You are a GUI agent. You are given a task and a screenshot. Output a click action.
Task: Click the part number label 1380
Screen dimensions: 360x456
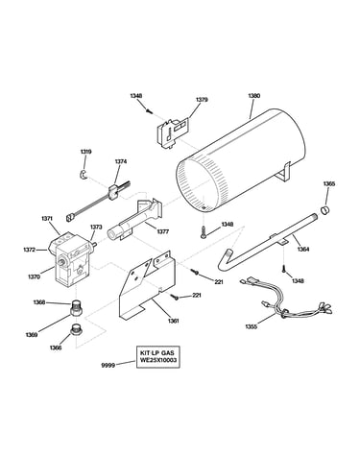pos(254,96)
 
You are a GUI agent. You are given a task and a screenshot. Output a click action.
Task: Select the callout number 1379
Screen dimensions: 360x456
pos(202,100)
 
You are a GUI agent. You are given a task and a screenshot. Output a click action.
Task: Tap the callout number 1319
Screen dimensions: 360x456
pos(85,152)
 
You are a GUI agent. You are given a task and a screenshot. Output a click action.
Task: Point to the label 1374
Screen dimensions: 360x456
pos(121,161)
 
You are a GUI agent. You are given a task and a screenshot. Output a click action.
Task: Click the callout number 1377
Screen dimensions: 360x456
pos(162,231)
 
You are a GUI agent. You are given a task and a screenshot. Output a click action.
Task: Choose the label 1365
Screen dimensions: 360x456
pos(328,184)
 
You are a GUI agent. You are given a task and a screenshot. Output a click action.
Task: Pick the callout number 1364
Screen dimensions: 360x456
pos(303,249)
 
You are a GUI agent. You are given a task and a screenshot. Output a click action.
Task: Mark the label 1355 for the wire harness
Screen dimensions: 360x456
pos(252,326)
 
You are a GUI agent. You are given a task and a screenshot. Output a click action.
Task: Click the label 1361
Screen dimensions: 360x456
pos(173,321)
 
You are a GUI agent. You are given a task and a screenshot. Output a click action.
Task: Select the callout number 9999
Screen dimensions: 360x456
pos(108,365)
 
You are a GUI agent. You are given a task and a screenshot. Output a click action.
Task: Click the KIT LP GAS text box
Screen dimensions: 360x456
pos(158,356)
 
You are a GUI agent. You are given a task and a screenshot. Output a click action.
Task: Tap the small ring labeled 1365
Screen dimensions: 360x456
pos(325,211)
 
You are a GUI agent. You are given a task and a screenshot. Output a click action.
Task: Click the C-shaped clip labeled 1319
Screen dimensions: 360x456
pos(83,175)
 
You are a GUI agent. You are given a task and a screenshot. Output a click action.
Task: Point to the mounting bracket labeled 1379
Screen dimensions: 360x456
pos(173,132)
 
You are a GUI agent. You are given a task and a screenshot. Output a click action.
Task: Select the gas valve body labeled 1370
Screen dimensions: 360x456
pos(71,258)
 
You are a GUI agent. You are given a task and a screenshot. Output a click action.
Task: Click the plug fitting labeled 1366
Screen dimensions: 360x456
pos(76,329)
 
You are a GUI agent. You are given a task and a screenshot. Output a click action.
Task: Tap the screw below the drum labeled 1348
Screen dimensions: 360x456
pos(204,232)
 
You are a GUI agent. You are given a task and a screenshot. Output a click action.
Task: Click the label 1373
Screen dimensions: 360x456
pos(96,227)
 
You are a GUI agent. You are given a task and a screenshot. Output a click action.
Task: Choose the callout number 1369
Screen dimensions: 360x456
pos(32,335)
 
